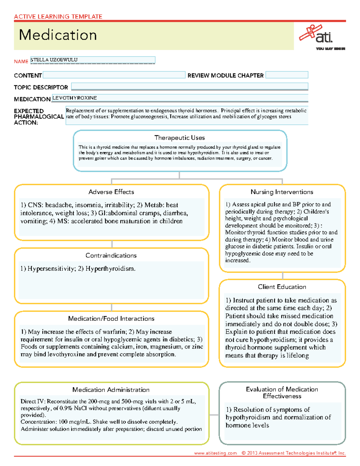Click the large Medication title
pos(58,35)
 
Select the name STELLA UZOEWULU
pos(54,60)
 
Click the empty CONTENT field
pos(114,75)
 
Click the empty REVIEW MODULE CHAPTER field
pos(287,75)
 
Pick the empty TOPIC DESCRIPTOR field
pos(189,87)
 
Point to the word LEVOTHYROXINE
pos(75,98)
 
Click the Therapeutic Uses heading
pos(179,138)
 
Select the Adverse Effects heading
pos(111,192)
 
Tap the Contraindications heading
pos(111,255)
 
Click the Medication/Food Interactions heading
pos(111,319)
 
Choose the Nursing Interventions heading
pos(282,192)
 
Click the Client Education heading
pos(282,287)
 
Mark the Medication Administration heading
pos(111,390)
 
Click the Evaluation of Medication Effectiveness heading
pos(282,392)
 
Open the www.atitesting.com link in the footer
pos(215,453)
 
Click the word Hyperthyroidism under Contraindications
pos(110,269)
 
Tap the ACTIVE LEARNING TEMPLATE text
pos(58,17)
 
